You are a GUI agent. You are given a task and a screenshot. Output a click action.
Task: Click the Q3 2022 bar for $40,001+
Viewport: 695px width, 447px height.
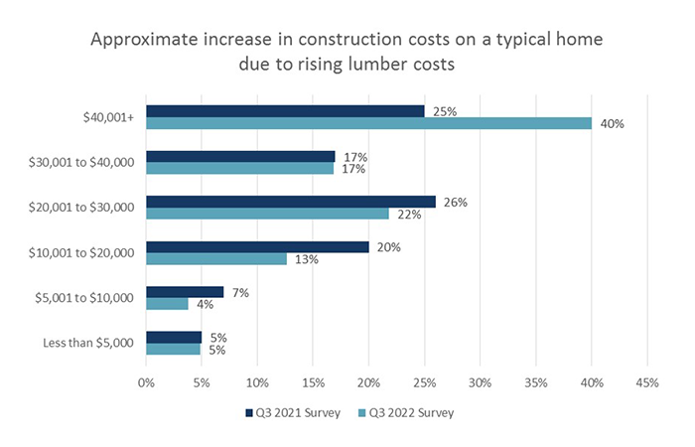(368, 123)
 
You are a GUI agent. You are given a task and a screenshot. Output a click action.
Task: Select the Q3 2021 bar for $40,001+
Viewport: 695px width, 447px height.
(285, 111)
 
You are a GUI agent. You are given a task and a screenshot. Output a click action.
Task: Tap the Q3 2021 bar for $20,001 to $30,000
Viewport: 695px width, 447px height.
(291, 202)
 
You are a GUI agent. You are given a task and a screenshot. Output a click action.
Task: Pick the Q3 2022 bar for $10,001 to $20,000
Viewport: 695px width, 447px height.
(216, 259)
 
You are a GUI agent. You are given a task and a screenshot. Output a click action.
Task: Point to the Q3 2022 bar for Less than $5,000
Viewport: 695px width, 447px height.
(174, 350)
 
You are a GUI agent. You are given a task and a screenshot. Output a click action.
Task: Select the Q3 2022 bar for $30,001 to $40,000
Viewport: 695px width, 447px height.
(240, 169)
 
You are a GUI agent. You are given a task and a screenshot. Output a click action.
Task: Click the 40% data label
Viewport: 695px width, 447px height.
(611, 123)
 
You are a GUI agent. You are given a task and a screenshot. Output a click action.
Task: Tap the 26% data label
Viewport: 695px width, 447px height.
(456, 202)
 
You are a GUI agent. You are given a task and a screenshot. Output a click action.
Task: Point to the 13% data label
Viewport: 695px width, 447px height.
(308, 259)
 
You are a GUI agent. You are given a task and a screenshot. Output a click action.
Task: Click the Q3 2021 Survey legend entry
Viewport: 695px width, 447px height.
(287, 412)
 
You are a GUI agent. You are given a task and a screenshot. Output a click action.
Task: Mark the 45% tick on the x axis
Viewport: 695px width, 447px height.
(647, 382)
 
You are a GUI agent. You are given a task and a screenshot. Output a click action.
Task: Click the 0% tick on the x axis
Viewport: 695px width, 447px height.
(146, 382)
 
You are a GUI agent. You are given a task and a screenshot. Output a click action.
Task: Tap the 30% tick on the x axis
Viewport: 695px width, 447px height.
(481, 382)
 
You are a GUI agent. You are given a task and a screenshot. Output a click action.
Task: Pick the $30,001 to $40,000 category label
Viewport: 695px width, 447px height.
(82, 163)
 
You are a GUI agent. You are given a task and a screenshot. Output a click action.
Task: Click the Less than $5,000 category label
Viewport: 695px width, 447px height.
(88, 344)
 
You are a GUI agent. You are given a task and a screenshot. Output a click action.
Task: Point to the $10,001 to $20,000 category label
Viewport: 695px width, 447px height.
(82, 253)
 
